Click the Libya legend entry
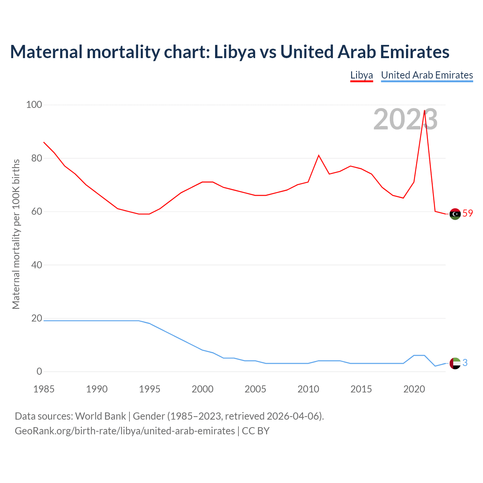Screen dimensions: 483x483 coord(361,75)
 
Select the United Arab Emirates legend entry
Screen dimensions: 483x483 coord(427,75)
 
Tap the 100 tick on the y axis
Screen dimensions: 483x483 coord(34,105)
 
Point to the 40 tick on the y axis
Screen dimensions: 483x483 coord(37,265)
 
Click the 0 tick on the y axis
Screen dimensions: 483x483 coord(39,371)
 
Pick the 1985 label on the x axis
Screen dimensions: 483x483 coord(44,389)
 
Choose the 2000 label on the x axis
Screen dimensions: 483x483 coord(203,389)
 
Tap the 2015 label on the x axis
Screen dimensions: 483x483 coord(361,389)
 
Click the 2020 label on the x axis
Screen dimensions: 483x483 coord(414,389)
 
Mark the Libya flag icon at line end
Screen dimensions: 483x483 coord(455,214)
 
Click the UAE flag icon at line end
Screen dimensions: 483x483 coord(455,363)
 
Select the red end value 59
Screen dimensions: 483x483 coord(468,213)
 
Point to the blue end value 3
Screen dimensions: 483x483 coord(465,363)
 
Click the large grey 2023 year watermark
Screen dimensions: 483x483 coord(405,119)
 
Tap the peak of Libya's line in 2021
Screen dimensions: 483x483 coord(425,111)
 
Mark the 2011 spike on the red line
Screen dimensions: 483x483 coord(319,155)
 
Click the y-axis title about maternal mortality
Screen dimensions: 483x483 coord(16,234)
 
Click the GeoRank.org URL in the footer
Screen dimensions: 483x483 coord(125,431)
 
